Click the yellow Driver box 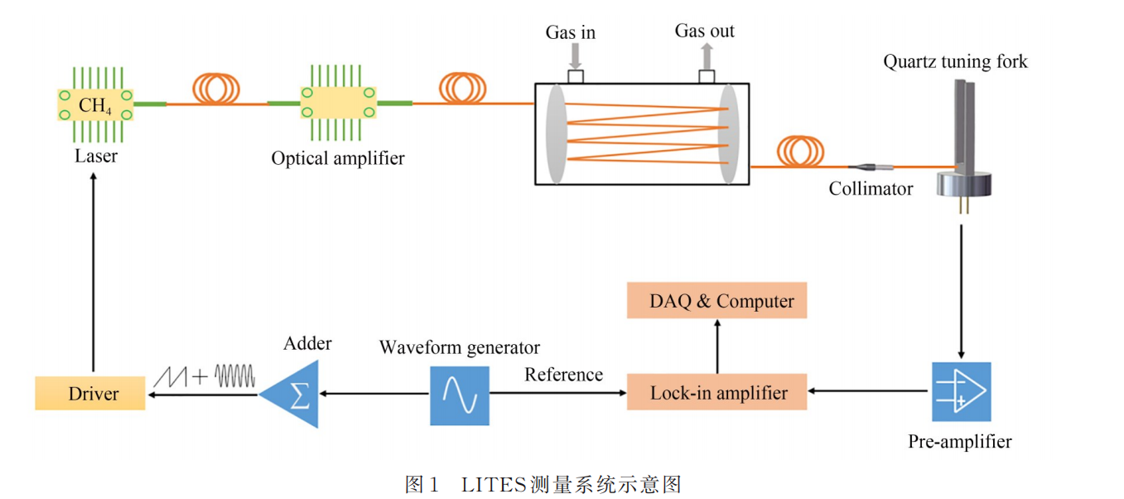(x=90, y=393)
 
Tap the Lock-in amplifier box (x=717, y=392)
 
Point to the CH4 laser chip (x=94, y=104)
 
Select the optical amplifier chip (x=339, y=104)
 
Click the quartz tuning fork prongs (x=963, y=124)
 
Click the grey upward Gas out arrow (x=707, y=56)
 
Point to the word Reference (x=563, y=375)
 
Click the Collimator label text (x=871, y=189)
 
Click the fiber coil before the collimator (x=801, y=150)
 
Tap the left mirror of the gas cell (x=556, y=133)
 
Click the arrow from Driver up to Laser (x=93, y=274)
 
